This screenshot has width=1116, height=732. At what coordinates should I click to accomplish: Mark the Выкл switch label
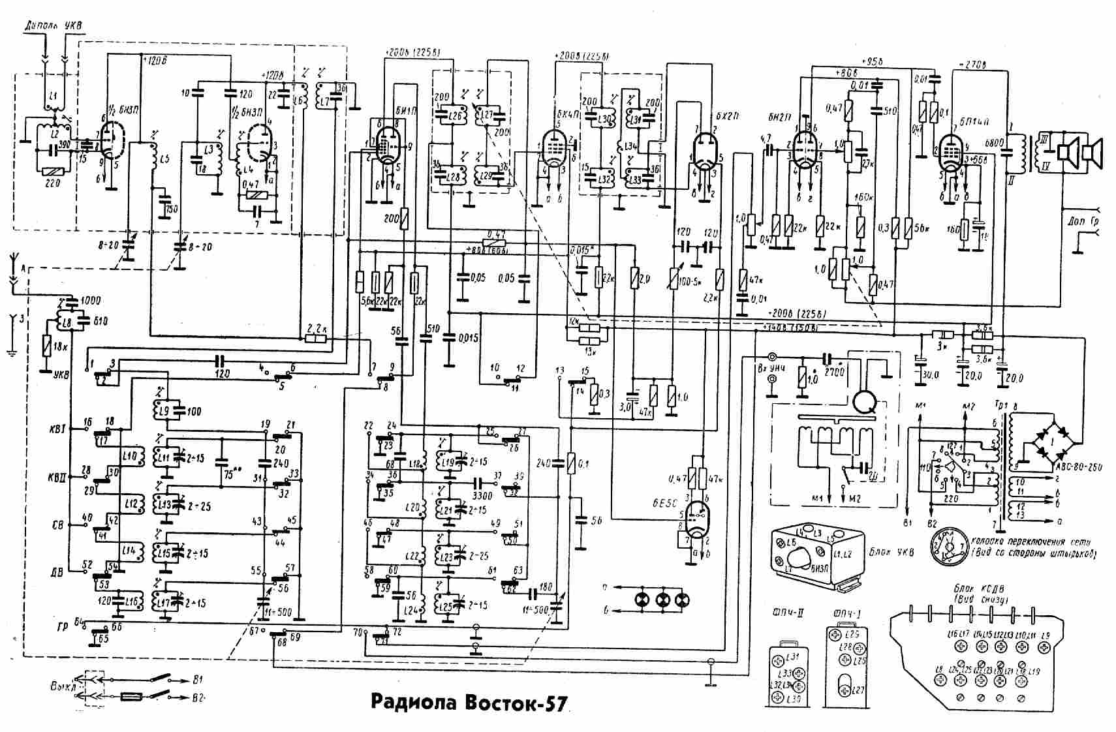(x=62, y=688)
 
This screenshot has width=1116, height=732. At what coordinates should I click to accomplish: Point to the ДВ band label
(x=57, y=573)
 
